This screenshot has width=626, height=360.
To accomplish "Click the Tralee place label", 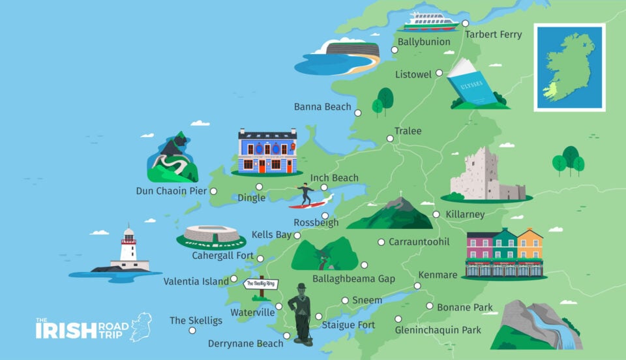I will click(x=408, y=131).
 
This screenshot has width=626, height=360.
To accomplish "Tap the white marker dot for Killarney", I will click(x=436, y=214).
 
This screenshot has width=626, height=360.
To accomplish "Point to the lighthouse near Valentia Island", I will click(x=128, y=250).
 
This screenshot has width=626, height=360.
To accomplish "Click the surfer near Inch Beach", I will click(x=306, y=194).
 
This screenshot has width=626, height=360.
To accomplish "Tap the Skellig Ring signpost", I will click(x=261, y=284).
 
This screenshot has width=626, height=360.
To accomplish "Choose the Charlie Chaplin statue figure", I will click(x=301, y=313).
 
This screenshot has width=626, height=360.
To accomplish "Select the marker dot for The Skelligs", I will click(x=192, y=330).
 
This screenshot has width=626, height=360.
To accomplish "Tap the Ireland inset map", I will click(x=569, y=67).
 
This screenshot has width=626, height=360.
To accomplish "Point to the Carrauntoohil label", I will click(x=419, y=242).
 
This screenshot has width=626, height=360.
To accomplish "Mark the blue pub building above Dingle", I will click(x=267, y=151).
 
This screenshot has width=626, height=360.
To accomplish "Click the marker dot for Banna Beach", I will click(x=357, y=113).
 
